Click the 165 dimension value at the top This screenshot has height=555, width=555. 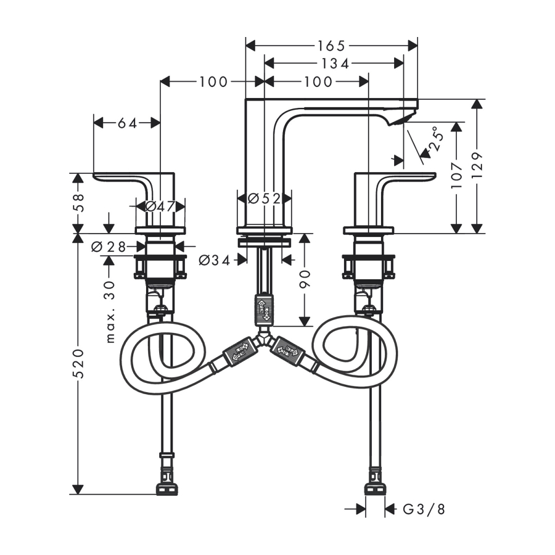(332, 46)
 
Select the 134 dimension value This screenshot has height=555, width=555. (334, 64)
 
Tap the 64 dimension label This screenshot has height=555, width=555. (126, 123)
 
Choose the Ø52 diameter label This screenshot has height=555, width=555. (264, 199)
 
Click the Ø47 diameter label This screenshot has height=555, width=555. (160, 207)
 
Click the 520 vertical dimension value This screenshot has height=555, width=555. (78, 364)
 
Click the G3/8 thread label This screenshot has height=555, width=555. (424, 509)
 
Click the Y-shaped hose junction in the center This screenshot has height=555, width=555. (264, 339)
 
